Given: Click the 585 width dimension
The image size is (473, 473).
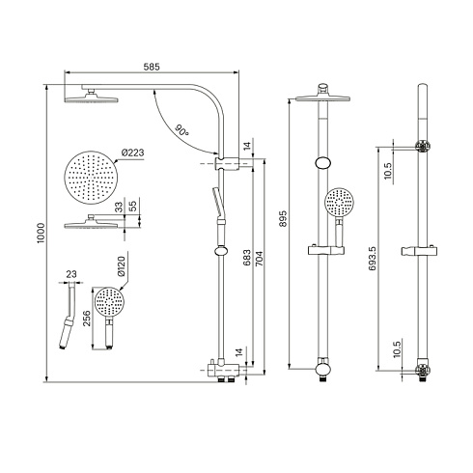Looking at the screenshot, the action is tap(152, 67).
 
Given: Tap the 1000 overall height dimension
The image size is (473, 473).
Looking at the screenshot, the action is tap(41, 233).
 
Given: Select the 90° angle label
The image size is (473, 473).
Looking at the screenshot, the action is tap(181, 129).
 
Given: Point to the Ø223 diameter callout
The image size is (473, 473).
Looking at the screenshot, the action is tap(133, 153).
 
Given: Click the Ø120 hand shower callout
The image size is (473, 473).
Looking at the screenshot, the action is tap(121, 266).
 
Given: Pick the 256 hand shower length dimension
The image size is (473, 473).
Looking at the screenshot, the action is tap(87, 319).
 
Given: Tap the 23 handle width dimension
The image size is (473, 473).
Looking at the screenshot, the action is tap(71, 274).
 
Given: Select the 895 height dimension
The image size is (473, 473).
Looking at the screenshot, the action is tap(283, 219).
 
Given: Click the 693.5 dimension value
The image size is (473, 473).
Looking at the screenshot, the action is tap(373, 258).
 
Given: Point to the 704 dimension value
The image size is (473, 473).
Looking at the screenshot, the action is tap(260, 259).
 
